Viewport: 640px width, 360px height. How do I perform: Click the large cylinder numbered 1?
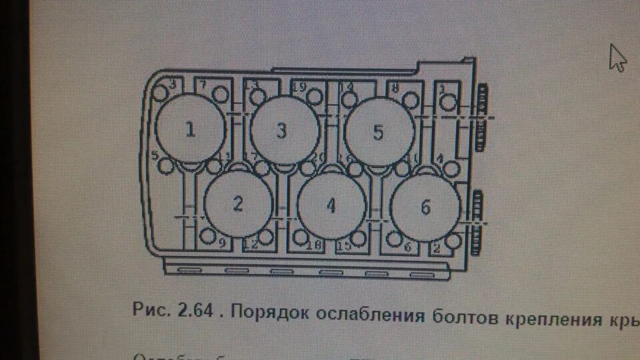[190, 129]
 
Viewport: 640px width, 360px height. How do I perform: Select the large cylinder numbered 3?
[284, 130]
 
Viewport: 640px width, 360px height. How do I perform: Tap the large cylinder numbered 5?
[378, 131]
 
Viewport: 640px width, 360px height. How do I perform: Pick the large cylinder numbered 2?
[238, 203]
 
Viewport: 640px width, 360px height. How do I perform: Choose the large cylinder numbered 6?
[425, 207]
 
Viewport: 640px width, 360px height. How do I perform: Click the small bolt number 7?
[221, 97]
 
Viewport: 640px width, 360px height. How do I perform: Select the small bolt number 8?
[411, 100]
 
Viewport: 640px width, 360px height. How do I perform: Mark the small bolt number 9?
[208, 236]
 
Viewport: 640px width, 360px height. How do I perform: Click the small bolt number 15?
[359, 238]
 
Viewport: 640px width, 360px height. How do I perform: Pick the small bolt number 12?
[266, 237]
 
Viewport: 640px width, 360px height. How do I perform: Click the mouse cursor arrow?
[617, 58]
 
